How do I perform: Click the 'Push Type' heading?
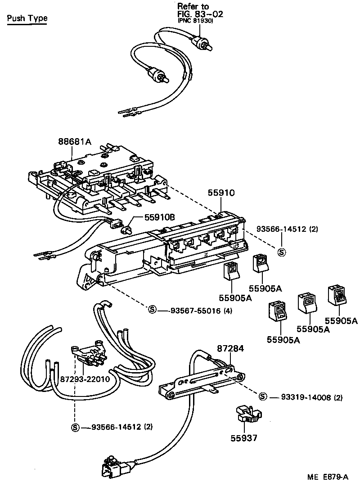[27, 18]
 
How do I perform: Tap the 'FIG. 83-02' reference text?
[200, 14]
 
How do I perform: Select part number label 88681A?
[74, 141]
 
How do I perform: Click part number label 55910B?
[159, 217]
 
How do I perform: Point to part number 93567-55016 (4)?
[201, 310]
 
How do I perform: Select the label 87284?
[230, 349]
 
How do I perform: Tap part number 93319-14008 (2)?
[312, 397]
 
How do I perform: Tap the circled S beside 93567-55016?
[152, 310]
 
